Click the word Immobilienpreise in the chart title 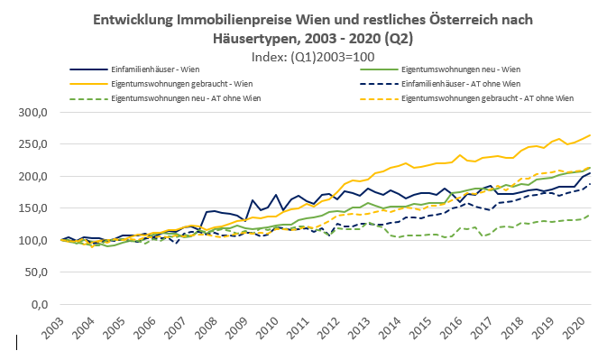pyautogui.click(x=254, y=20)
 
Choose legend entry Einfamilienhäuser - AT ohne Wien pyautogui.click(x=455, y=83)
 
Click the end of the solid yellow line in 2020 pyautogui.click(x=592, y=135)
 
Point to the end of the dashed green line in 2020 pyautogui.click(x=592, y=216)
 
